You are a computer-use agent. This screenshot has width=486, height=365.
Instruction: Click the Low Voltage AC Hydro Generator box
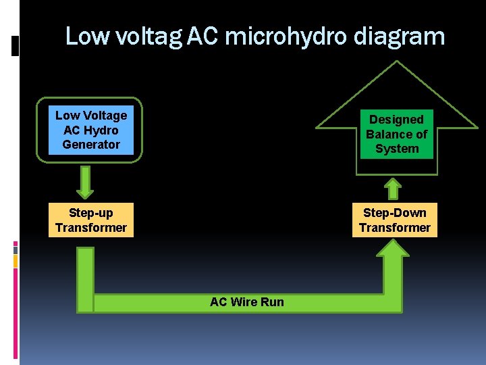click(x=91, y=130)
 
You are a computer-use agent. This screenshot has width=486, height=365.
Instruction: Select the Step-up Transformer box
click(x=91, y=220)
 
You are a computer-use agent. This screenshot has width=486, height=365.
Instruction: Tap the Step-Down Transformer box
click(x=395, y=220)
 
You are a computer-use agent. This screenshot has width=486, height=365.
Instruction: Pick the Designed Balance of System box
click(x=396, y=134)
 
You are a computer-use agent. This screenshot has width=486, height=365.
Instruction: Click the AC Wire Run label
click(x=247, y=302)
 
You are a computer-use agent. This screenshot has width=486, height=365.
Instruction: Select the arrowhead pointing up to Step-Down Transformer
click(x=392, y=248)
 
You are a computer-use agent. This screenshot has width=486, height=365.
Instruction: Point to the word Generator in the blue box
click(x=91, y=145)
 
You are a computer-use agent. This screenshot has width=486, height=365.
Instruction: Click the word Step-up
click(x=91, y=213)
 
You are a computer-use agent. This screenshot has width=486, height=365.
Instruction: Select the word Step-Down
click(x=395, y=213)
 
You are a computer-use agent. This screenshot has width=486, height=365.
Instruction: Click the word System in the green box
click(x=397, y=149)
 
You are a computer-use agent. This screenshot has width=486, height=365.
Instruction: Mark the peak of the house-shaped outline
click(x=397, y=62)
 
